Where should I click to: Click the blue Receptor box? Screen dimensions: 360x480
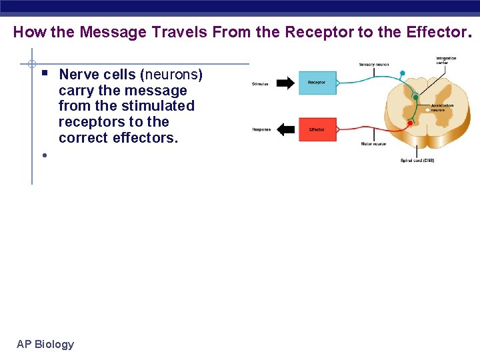pyautogui.click(x=317, y=83)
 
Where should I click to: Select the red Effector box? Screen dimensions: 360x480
pyautogui.click(x=317, y=129)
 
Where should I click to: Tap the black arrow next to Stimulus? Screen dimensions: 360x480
pyautogui.click(x=285, y=83)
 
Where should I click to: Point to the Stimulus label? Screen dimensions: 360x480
pyautogui.click(x=260, y=84)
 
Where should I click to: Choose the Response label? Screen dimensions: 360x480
pyautogui.click(x=261, y=129)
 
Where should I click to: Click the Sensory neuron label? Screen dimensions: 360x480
pyautogui.click(x=373, y=65)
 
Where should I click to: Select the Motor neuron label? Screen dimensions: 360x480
pyautogui.click(x=373, y=143)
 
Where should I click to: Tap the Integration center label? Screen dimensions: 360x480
pyautogui.click(x=446, y=61)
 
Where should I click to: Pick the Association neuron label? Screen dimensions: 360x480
pyautogui.click(x=442, y=107)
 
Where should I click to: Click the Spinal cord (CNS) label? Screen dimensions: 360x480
pyautogui.click(x=417, y=160)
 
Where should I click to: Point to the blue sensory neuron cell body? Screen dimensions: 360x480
pyautogui.click(x=402, y=73)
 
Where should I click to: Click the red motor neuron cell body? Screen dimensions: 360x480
pyautogui.click(x=410, y=123)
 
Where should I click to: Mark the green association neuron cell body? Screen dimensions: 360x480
pyautogui.click(x=416, y=97)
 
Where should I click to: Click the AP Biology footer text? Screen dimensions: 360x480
pyautogui.click(x=45, y=344)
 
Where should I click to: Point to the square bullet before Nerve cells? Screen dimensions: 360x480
pyautogui.click(x=44, y=71)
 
